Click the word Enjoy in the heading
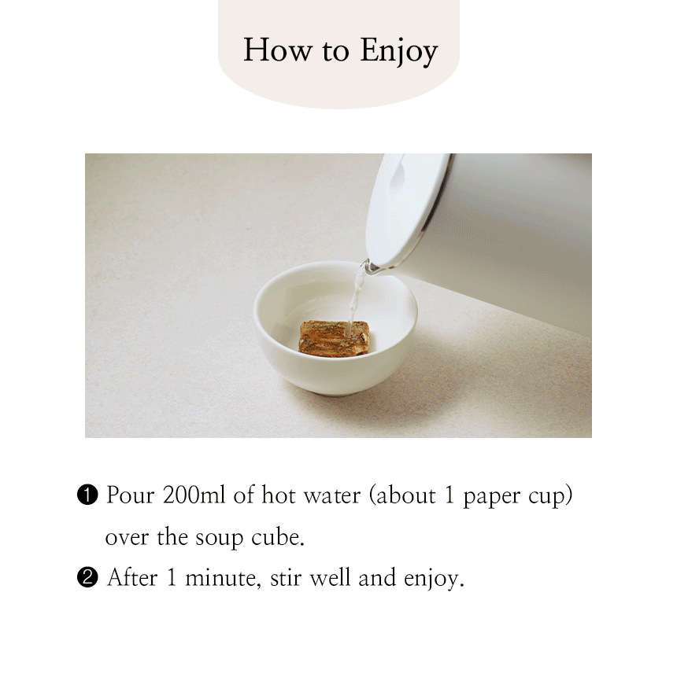click(398, 52)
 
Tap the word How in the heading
click(278, 50)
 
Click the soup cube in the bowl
click(334, 338)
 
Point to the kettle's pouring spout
click(370, 267)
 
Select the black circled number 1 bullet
click(87, 495)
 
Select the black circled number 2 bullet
click(87, 578)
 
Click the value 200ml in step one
click(194, 495)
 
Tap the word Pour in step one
click(131, 495)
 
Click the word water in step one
click(332, 495)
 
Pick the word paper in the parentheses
click(492, 498)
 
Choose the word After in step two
click(132, 578)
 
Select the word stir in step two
click(286, 578)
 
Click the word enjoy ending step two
click(434, 580)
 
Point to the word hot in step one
click(279, 495)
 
